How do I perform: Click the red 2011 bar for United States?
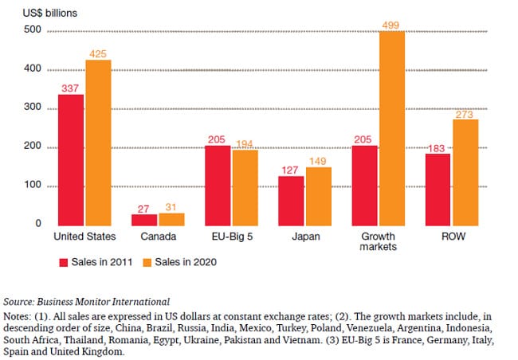click(x=72, y=159)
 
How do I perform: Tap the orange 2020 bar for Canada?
click(x=172, y=218)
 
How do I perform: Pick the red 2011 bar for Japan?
click(x=290, y=200)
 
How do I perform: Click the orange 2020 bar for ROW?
click(x=465, y=171)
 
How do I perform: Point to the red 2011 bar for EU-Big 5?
click(x=218, y=185)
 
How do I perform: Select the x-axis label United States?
click(x=84, y=237)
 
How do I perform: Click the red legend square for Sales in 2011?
click(x=64, y=261)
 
